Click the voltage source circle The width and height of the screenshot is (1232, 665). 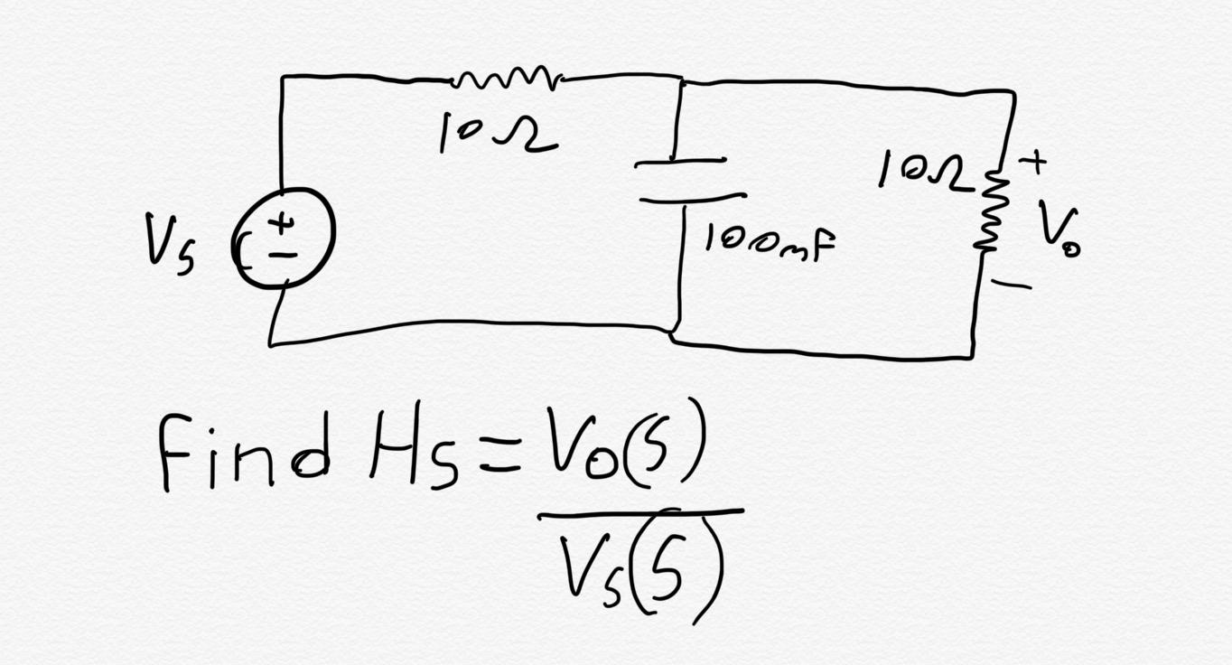[285, 238]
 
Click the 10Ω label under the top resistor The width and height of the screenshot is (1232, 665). [498, 136]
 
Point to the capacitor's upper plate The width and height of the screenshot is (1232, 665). [680, 163]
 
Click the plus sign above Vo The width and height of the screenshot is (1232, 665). [1033, 163]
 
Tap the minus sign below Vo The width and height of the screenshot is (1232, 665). [1012, 285]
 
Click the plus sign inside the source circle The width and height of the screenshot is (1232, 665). [283, 220]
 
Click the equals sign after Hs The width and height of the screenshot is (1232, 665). [499, 458]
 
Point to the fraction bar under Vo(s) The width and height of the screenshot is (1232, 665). [640, 514]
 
